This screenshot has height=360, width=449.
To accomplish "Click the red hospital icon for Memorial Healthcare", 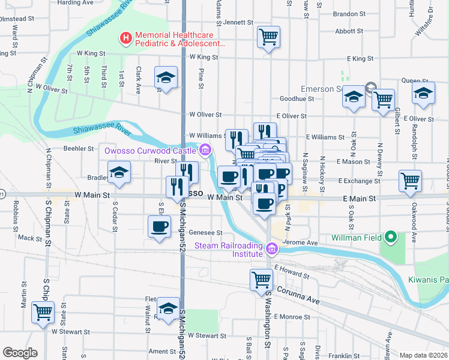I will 126,39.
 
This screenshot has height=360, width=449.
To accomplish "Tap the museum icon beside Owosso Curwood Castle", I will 205,149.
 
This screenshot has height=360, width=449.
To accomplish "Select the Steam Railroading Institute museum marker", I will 271,248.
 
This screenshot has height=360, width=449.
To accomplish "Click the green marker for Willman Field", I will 391,238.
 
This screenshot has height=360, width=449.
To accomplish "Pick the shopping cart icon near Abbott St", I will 269,37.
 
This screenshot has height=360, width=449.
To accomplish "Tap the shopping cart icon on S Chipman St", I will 42,312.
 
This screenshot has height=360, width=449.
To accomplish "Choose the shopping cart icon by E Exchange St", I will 410,180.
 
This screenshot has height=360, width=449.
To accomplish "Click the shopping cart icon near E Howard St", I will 261,280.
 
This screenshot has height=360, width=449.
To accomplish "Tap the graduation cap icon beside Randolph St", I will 423,94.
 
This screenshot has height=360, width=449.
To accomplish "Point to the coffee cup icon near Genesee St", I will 159,227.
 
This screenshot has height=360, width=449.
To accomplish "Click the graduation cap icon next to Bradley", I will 119,173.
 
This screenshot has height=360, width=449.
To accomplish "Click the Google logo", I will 20,353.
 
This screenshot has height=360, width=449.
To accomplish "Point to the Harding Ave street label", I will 76,3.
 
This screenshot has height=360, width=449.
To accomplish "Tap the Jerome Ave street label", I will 303,243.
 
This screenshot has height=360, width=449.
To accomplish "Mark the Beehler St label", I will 79,148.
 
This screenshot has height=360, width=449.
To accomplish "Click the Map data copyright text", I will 423,355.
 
